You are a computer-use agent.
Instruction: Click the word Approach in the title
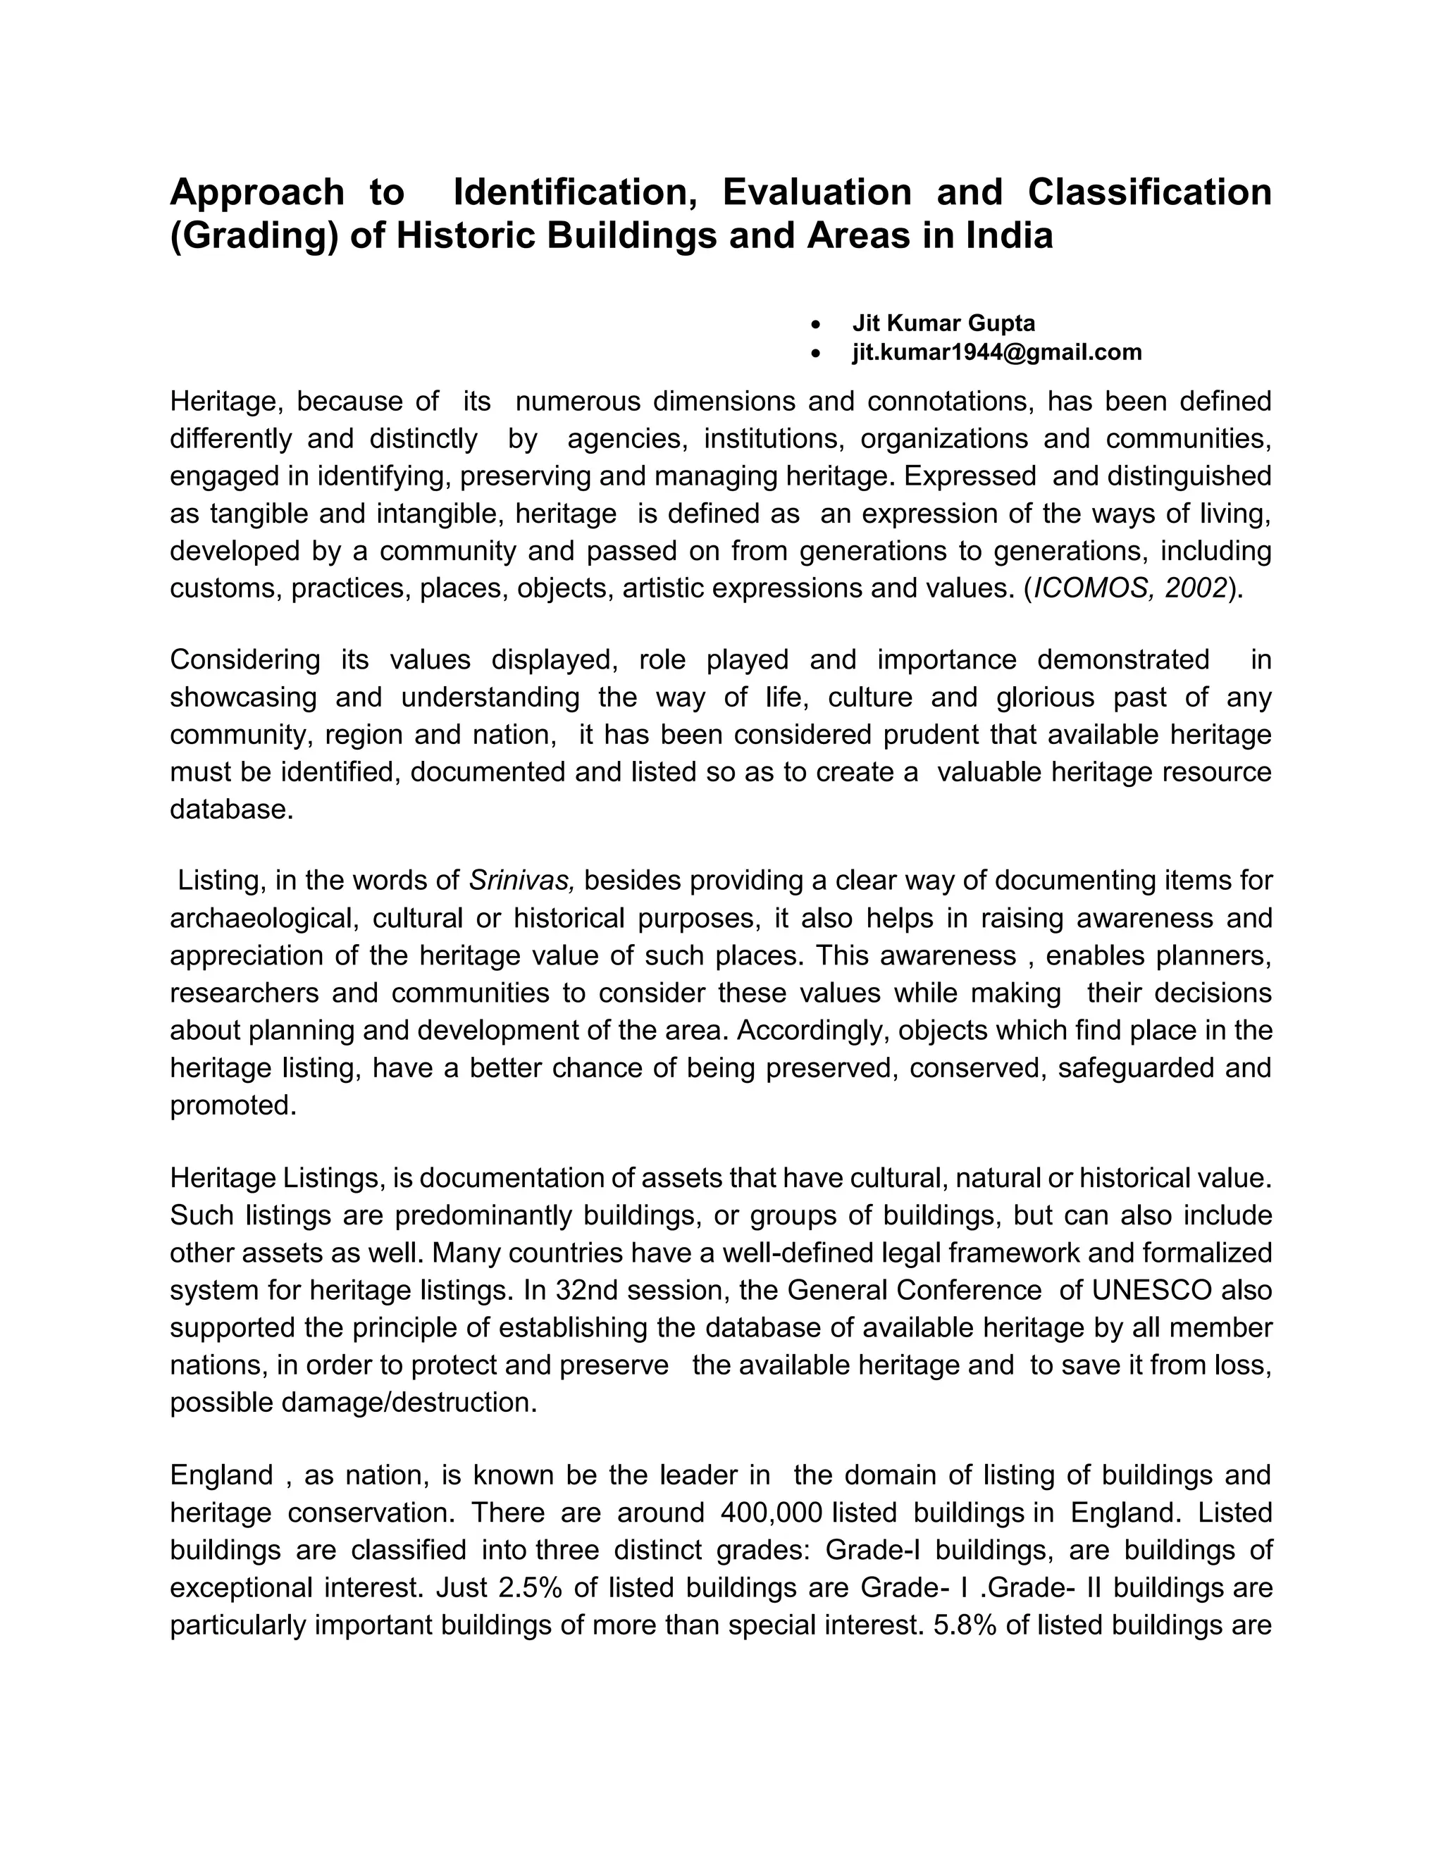click(x=256, y=193)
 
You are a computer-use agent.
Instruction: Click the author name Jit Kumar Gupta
click(x=943, y=323)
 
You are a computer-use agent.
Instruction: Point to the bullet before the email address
click(x=818, y=353)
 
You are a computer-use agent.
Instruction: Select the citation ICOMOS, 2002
click(x=1130, y=588)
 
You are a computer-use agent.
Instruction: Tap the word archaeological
click(x=261, y=918)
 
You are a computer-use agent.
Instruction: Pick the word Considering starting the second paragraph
click(x=244, y=660)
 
